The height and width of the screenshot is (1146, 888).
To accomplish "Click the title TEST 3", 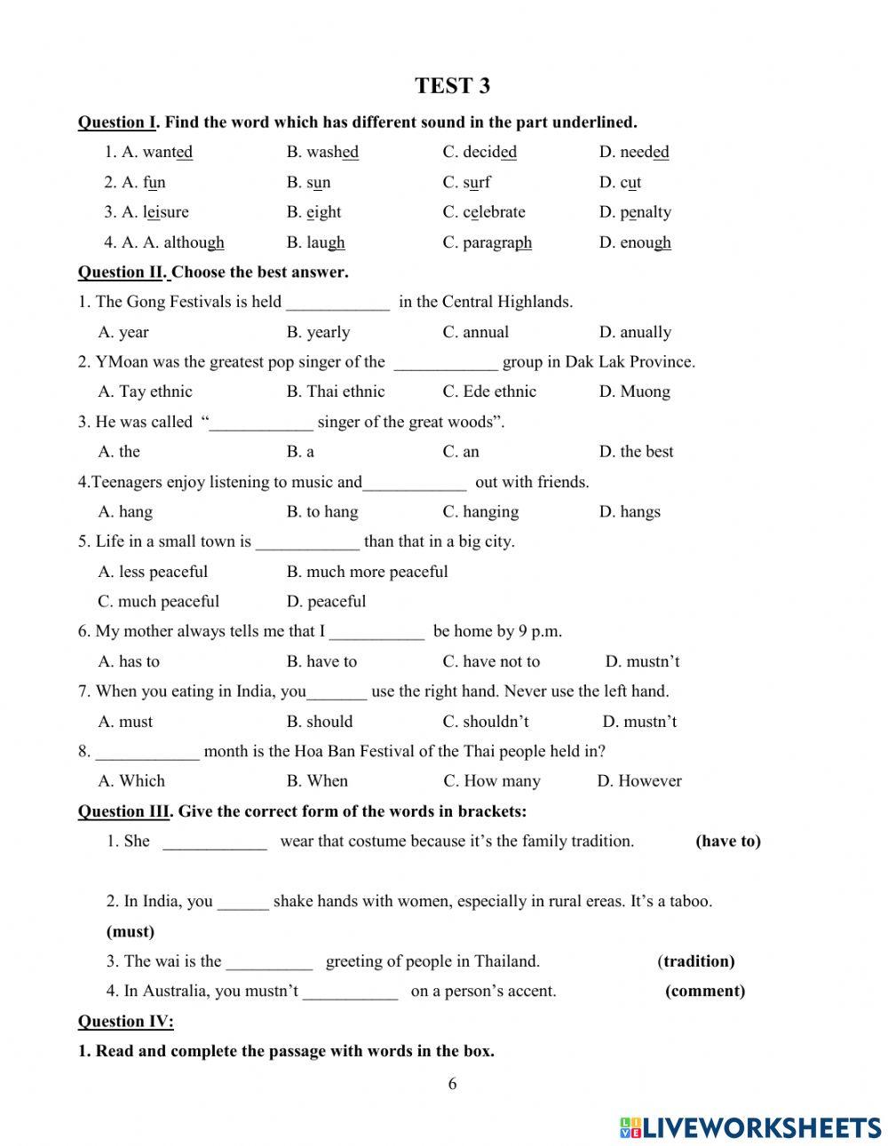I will (x=452, y=86).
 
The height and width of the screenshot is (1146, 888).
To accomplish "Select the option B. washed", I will (x=322, y=152).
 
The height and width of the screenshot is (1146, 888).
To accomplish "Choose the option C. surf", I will (x=466, y=182).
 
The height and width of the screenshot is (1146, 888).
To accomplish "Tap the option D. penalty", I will (x=635, y=212).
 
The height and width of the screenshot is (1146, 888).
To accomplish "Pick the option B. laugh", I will (x=315, y=242).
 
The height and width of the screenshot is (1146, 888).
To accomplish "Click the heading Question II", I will (x=122, y=273).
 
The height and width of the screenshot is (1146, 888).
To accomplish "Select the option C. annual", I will (x=476, y=332).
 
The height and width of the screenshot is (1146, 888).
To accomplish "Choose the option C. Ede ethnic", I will (x=489, y=391).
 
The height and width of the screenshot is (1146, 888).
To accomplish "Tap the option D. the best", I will (x=636, y=451).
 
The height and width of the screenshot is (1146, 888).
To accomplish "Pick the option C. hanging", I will (x=480, y=511).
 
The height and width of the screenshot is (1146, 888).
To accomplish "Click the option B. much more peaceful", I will (x=367, y=572).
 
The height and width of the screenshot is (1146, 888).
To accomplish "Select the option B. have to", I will (x=321, y=661).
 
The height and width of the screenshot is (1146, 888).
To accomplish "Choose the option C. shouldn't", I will (x=485, y=722).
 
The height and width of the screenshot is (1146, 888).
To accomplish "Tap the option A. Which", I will (x=131, y=781).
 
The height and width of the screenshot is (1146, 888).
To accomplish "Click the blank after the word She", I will (x=215, y=842).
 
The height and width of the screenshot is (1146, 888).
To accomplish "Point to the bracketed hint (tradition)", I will (x=696, y=961).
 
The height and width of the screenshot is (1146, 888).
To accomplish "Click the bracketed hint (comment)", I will (x=705, y=992).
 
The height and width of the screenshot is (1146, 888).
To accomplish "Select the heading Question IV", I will (x=125, y=1021).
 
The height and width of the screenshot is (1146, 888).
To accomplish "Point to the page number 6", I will (x=452, y=1083).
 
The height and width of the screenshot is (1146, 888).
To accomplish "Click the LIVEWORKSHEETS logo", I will (x=750, y=1127).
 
